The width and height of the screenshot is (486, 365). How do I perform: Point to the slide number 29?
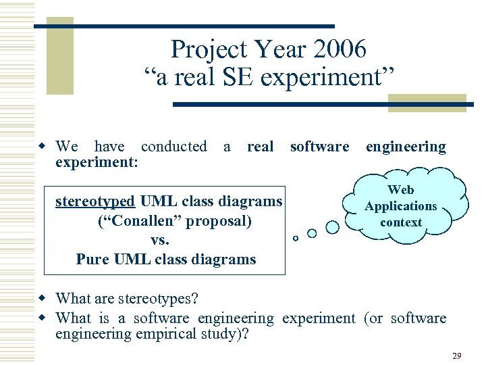pyautogui.click(x=456, y=355)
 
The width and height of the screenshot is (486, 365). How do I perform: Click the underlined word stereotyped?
pyautogui.click(x=97, y=201)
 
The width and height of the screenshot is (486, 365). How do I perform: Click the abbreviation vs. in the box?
pyautogui.click(x=160, y=240)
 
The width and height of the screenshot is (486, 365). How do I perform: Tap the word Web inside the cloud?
pyautogui.click(x=401, y=190)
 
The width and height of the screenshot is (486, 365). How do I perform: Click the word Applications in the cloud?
pyautogui.click(x=401, y=206)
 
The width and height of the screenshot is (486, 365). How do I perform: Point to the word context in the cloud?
pyautogui.click(x=401, y=222)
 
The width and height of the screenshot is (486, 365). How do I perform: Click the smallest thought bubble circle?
pyautogui.click(x=295, y=238)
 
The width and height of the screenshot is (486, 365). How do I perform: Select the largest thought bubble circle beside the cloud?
pyautogui.click(x=332, y=227)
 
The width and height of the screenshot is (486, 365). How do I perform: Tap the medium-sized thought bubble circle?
pyautogui.click(x=312, y=233)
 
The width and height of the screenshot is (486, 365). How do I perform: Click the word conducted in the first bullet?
pyautogui.click(x=174, y=147)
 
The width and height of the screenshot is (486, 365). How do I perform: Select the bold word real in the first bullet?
pyautogui.click(x=261, y=147)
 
